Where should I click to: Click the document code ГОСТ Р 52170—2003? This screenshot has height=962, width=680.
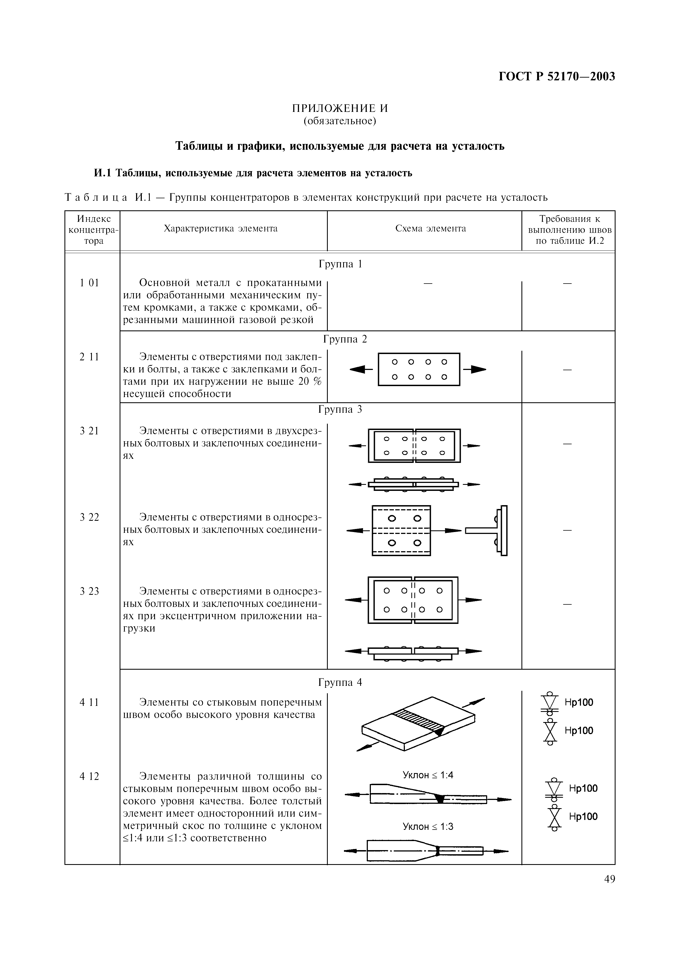click(557, 77)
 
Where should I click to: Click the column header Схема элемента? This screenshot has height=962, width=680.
click(430, 228)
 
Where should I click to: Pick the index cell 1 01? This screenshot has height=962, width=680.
click(89, 283)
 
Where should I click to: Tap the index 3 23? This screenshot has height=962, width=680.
click(89, 591)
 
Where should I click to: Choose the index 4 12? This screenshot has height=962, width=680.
click(89, 776)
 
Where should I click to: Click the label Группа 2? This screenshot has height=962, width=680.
click(345, 339)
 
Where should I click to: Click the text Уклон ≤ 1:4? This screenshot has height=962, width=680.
click(428, 775)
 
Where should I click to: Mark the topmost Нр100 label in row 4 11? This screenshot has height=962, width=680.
click(579, 702)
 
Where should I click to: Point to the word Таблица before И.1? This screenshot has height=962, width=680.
click(96, 197)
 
